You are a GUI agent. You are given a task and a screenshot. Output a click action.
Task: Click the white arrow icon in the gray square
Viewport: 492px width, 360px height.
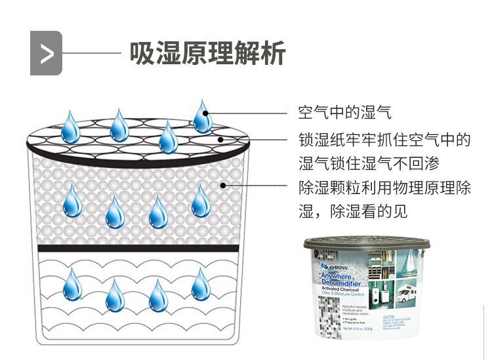pyautogui.click(x=46, y=53)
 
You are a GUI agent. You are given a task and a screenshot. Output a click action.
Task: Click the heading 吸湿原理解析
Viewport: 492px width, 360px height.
pyautogui.click(x=207, y=53)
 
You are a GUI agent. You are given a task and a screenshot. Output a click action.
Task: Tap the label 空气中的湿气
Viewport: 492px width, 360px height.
pyautogui.click(x=344, y=112)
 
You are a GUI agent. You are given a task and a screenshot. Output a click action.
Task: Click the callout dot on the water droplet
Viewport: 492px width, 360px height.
pyautogui.click(x=206, y=113)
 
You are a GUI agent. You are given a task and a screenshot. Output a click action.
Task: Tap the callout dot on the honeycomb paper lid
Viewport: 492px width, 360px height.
pyautogui.click(x=221, y=139)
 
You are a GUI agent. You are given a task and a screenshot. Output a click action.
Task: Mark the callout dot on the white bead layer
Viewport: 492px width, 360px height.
pyautogui.click(x=224, y=186)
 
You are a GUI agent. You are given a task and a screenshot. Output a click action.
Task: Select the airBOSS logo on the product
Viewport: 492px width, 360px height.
pyautogui.click(x=334, y=268)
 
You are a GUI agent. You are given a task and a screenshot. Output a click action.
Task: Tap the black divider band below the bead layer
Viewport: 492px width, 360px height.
pyautogui.click(x=134, y=248)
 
